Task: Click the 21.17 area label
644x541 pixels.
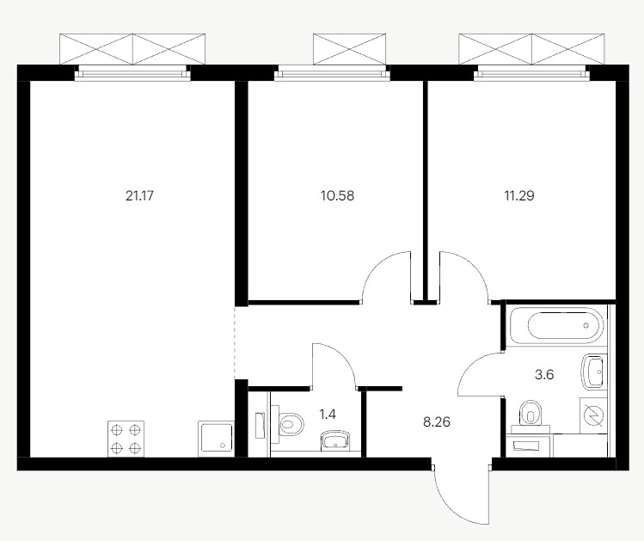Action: (139, 195)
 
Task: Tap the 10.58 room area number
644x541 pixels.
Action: (337, 195)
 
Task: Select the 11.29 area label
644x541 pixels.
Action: (519, 195)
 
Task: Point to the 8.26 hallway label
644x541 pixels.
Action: (437, 421)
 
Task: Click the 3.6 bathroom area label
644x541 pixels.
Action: (544, 375)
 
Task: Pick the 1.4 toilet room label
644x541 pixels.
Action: (328, 414)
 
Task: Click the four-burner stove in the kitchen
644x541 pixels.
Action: (126, 439)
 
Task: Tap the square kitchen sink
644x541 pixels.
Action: (216, 439)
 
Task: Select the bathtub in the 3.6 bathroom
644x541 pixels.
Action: (556, 325)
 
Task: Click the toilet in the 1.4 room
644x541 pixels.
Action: (287, 423)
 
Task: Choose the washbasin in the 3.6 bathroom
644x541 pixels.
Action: (594, 372)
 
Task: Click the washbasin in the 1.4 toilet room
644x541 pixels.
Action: (336, 440)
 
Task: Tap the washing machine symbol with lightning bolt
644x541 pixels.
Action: (593, 415)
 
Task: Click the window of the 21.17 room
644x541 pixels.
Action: (132, 73)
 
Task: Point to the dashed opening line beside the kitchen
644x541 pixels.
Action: (235, 343)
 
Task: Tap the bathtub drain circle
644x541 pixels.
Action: (586, 325)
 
